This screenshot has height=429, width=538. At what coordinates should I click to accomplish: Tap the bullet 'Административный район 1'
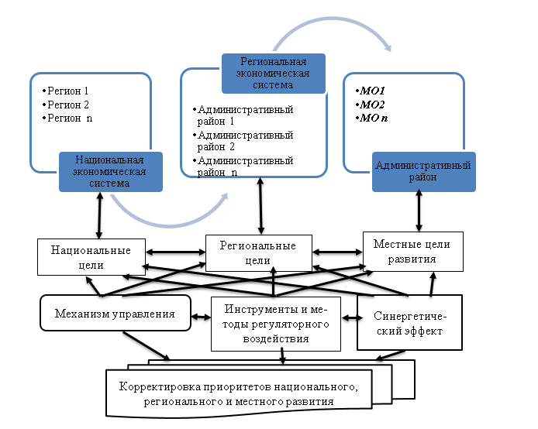[244, 115]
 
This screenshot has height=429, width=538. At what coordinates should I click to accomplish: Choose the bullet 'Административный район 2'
[244, 141]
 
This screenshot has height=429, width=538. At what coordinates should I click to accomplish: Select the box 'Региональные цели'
[258, 253]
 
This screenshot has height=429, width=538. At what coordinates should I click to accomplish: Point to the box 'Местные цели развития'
[413, 252]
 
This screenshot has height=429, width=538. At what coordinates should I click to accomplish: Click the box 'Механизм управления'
[114, 314]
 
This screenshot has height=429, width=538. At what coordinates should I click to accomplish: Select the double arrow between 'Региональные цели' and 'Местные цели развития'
[338, 252]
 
